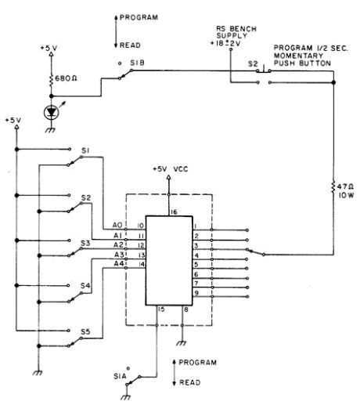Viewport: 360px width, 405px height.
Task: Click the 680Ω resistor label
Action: click(66, 78)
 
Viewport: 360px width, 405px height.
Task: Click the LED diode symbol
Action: click(51, 112)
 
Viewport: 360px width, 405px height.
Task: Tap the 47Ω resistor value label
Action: click(345, 186)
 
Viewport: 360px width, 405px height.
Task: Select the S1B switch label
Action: click(137, 63)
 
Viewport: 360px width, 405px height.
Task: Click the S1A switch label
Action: click(120, 376)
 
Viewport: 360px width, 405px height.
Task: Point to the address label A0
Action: click(117, 225)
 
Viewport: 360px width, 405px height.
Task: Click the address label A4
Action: click(118, 264)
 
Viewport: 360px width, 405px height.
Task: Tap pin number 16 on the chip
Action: click(174, 212)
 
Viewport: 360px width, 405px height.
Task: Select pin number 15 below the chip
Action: click(161, 309)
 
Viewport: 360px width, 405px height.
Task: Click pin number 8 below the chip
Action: click(186, 310)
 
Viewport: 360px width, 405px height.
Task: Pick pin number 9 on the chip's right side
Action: click(196, 293)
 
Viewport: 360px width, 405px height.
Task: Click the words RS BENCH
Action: click(236, 29)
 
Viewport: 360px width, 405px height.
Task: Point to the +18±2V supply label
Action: click(225, 43)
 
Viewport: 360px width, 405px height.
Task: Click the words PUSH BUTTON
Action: click(302, 63)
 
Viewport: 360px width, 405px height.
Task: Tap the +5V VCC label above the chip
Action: click(171, 169)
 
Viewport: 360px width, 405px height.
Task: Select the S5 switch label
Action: click(85, 332)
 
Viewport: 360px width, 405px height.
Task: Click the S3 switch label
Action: click(85, 244)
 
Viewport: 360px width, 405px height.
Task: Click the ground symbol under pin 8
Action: click(182, 343)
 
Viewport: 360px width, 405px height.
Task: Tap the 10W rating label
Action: click(347, 195)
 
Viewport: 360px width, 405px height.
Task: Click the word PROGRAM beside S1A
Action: click(198, 363)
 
